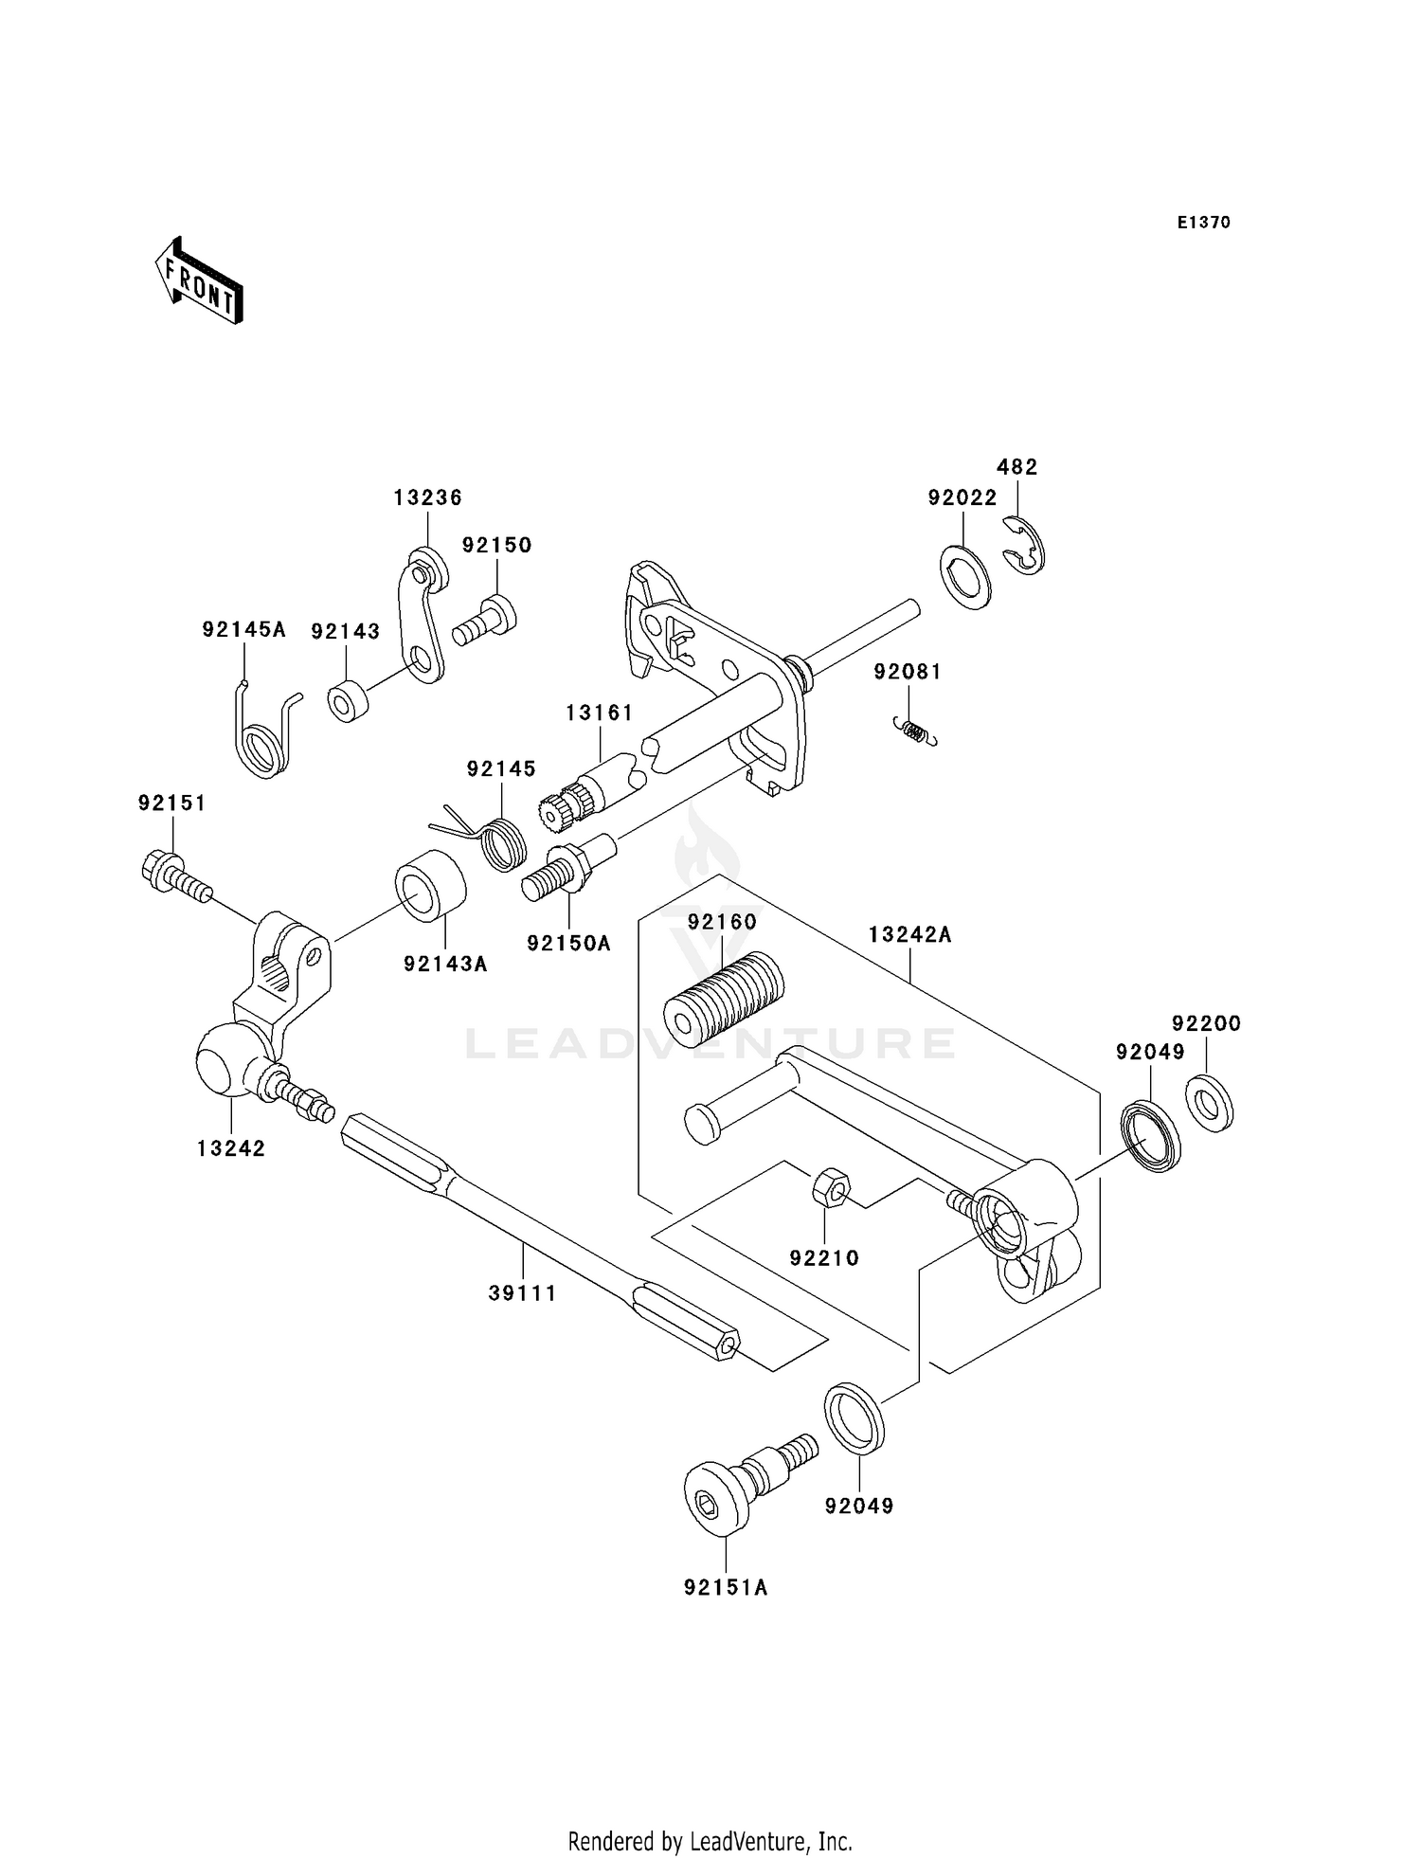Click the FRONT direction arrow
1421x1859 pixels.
coord(198,281)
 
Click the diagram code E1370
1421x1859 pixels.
coord(1203,223)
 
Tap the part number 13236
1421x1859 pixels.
coord(427,497)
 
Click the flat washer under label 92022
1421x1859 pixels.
coord(965,575)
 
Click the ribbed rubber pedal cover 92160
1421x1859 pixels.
coord(723,993)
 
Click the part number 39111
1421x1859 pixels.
coord(522,1292)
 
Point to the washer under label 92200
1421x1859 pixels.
coord(1209,1104)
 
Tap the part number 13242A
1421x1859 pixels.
coord(909,935)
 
